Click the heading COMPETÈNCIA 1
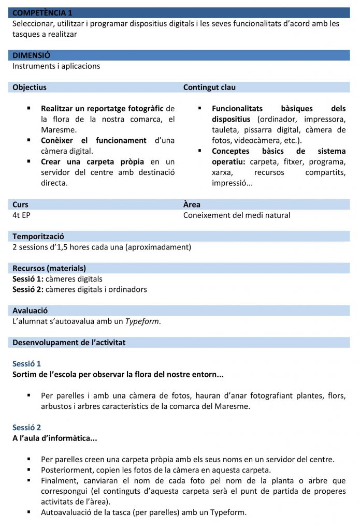click(42, 12)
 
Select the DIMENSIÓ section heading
click(32, 55)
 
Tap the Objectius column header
click(30, 87)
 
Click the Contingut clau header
click(209, 87)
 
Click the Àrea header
click(192, 204)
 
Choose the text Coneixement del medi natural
click(237, 215)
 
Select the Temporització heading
click(38, 237)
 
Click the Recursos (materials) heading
click(49, 268)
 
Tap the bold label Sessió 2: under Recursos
click(27, 289)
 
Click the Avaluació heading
click(30, 311)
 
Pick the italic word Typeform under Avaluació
click(142, 321)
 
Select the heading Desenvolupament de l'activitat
click(69, 343)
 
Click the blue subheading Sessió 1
click(26, 364)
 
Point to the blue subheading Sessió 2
click(26, 428)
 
